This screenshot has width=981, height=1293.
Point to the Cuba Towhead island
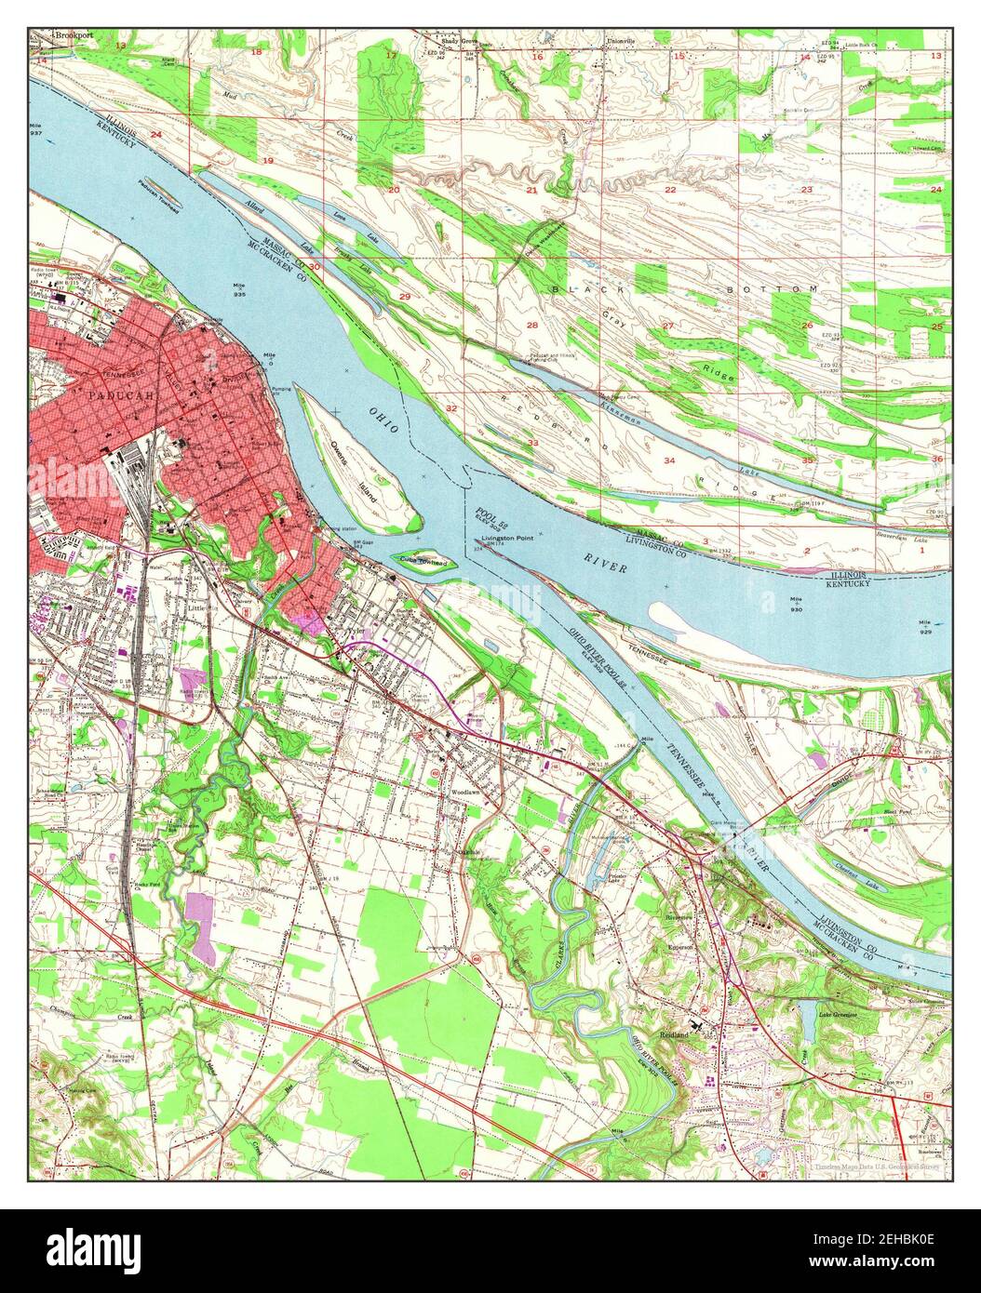[423, 561]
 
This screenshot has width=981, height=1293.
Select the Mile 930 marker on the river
[795, 603]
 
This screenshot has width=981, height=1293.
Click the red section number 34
[668, 460]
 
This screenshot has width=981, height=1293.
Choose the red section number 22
[669, 190]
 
